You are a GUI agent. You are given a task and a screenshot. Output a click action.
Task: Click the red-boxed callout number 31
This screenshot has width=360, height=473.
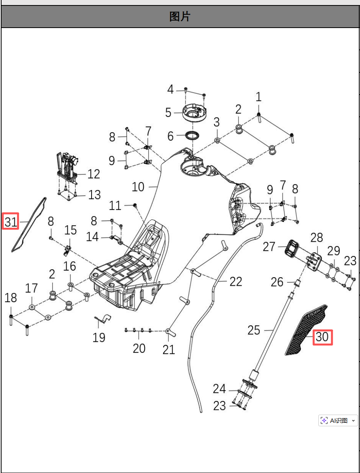(11, 222)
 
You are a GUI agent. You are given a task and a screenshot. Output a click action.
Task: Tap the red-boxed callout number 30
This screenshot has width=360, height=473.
(322, 337)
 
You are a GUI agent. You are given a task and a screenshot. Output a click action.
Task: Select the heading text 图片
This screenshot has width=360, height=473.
(180, 17)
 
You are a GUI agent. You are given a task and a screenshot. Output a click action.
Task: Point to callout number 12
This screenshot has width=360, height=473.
(94, 174)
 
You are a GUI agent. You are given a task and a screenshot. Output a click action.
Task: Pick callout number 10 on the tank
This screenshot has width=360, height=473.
(138, 187)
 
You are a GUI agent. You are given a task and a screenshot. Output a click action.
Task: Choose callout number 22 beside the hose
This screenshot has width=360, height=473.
(236, 281)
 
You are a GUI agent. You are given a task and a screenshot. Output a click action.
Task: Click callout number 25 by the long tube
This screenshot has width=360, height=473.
(254, 330)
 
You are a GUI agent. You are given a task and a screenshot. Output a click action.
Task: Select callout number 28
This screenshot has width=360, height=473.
(317, 237)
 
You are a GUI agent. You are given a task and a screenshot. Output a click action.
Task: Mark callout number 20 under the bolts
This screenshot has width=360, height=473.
(139, 348)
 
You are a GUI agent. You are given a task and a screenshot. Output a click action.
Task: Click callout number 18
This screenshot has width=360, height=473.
(11, 298)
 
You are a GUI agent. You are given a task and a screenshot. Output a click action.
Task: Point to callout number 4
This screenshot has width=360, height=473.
(170, 90)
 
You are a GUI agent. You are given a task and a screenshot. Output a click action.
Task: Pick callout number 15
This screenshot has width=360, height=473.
(71, 230)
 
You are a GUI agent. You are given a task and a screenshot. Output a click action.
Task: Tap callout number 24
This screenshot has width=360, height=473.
(219, 389)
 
